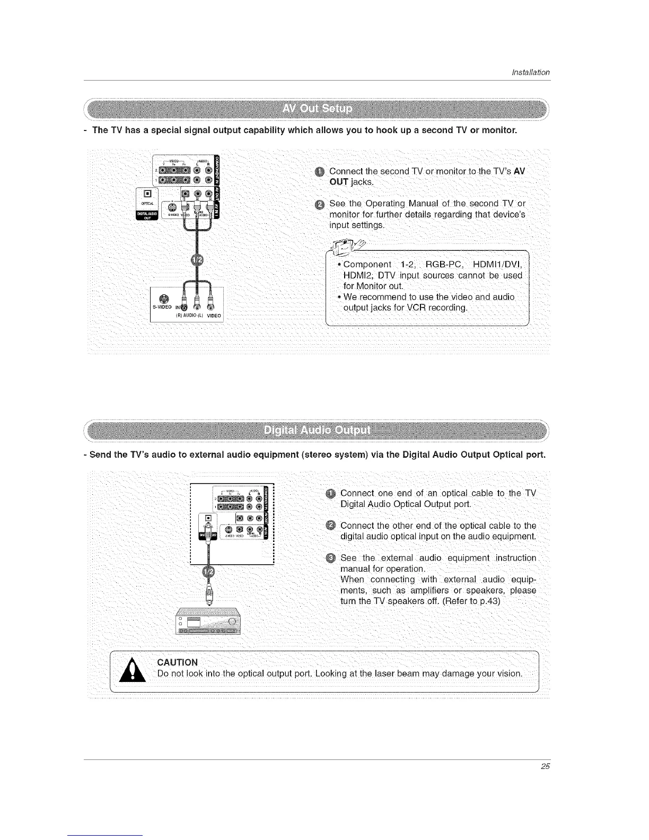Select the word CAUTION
click(178, 662)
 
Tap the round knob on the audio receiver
click(231, 622)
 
